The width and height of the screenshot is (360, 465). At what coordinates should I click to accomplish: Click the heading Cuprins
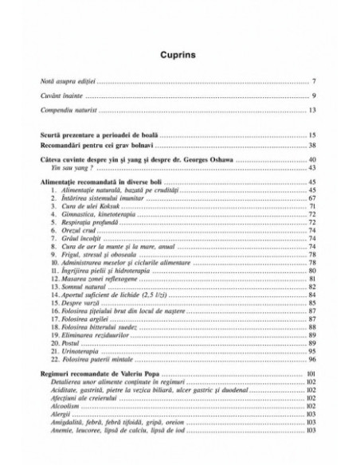(x=180, y=55)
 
